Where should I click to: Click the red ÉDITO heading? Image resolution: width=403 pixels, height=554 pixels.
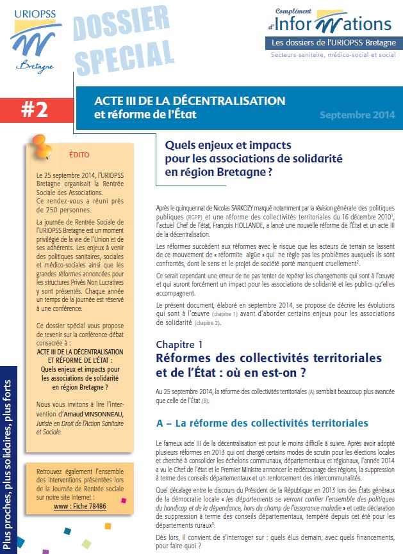79,155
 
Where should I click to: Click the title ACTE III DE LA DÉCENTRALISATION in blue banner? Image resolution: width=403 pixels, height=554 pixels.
190,101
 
